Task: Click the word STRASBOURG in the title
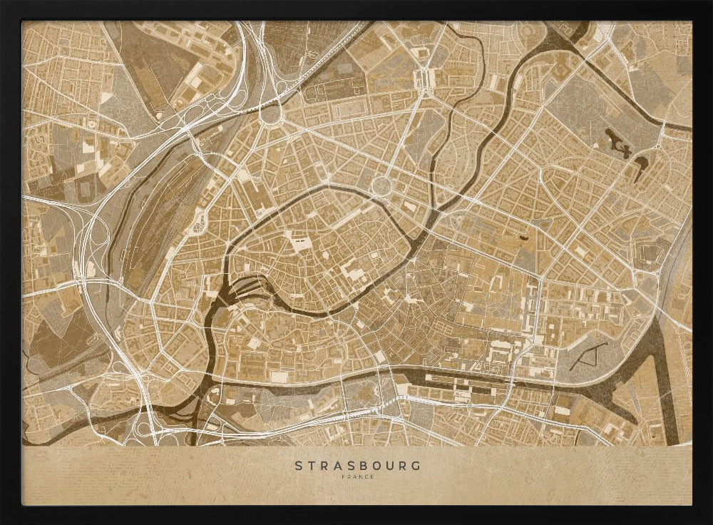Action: click(x=357, y=466)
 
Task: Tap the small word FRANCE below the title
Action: click(x=357, y=476)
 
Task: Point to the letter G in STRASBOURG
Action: click(x=416, y=466)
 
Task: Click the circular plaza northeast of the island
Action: click(x=381, y=186)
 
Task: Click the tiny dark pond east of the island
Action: click(x=526, y=238)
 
